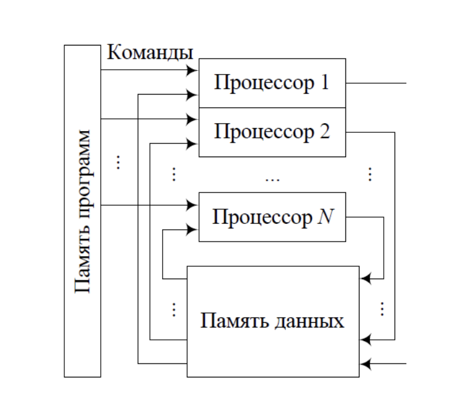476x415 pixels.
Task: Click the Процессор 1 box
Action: click(x=272, y=83)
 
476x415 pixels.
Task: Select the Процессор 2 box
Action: click(x=272, y=132)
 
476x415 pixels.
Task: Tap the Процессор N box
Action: click(x=272, y=217)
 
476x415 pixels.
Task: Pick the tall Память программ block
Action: click(x=83, y=211)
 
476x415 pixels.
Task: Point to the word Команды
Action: click(x=150, y=53)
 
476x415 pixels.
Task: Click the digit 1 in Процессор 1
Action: click(x=324, y=83)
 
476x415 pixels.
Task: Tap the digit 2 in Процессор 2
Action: click(x=325, y=132)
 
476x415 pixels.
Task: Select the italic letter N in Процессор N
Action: click(x=325, y=217)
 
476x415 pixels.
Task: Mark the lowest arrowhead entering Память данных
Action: click(x=364, y=364)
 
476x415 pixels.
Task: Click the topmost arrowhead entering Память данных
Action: click(x=364, y=279)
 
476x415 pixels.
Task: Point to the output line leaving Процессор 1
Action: click(x=376, y=83)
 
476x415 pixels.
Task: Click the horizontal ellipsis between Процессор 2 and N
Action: click(x=273, y=180)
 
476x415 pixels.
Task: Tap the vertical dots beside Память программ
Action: click(x=118, y=162)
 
